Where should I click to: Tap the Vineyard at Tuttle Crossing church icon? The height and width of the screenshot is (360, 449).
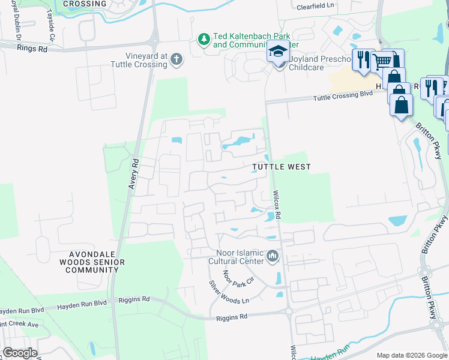(x=176, y=59)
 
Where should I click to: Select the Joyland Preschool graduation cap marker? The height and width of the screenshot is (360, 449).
(x=278, y=54)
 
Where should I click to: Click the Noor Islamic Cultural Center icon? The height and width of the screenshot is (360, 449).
(x=273, y=256)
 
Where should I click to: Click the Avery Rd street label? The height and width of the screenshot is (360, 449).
(x=134, y=174)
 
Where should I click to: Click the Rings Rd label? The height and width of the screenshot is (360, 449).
(x=31, y=49)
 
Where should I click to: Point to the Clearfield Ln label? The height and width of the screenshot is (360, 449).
(x=315, y=7)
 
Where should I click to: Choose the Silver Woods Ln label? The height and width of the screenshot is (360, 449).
(x=228, y=292)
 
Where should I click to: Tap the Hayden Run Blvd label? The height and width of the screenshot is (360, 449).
(x=22, y=311)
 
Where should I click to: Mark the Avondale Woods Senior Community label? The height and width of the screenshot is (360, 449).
(x=92, y=262)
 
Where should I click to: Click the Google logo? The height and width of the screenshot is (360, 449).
(x=19, y=353)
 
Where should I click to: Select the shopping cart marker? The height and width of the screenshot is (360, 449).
(x=382, y=61)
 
